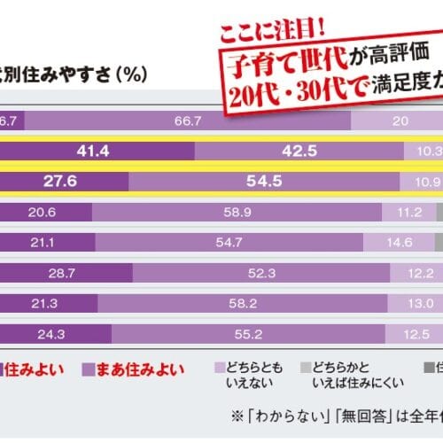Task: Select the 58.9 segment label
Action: tap(237, 212)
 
